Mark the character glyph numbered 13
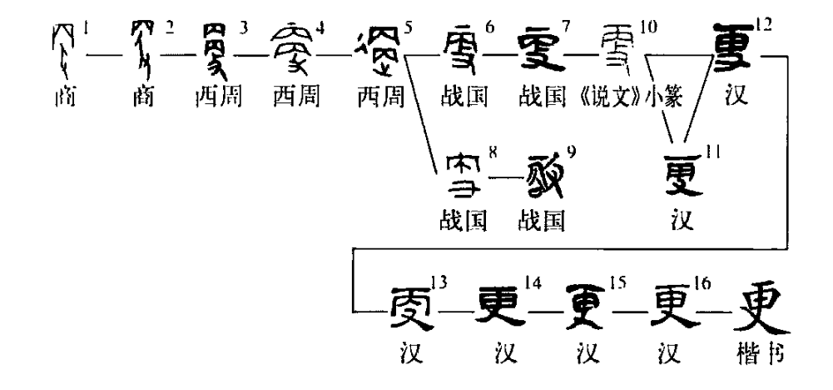click(x=412, y=311)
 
